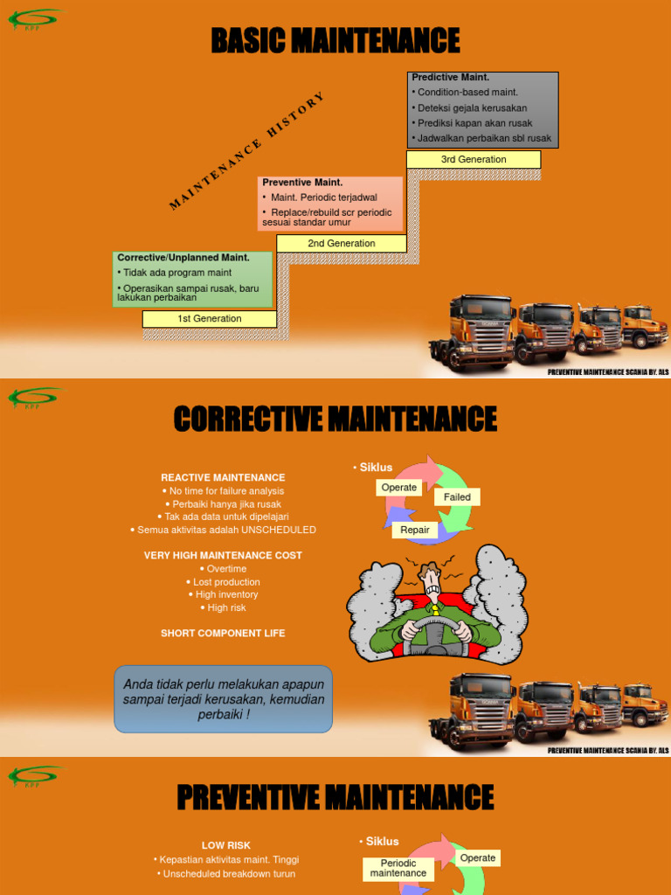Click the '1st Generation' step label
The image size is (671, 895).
210,319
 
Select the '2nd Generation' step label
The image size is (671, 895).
342,244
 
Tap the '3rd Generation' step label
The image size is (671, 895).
474,160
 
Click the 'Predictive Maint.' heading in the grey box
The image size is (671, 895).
450,78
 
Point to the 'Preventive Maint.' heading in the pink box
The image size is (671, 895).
302,183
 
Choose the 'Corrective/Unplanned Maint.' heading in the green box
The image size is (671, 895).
183,258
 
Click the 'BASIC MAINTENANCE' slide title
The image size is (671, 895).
335,40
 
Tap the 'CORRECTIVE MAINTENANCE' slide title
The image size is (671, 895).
335,419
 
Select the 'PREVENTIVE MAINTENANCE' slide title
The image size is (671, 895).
335,797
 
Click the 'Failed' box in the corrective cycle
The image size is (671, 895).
457,497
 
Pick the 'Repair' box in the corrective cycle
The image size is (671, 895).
415,530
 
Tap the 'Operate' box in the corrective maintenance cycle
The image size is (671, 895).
399,488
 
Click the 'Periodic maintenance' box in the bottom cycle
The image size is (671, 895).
398,868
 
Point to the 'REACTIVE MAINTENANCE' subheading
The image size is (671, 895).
223,478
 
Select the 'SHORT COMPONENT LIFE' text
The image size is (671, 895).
223,633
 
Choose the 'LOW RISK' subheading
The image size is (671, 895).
226,845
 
